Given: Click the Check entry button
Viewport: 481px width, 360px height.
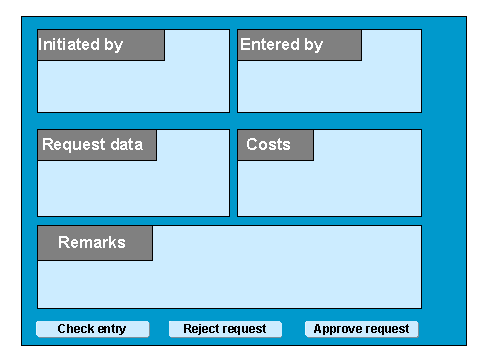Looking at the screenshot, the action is [92, 329].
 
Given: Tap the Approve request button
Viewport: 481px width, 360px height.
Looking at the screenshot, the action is [361, 329].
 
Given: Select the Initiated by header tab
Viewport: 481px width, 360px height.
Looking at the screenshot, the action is [101, 45].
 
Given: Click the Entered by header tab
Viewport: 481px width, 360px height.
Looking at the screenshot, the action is [299, 45].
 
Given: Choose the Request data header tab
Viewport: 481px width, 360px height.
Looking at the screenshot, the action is [97, 145].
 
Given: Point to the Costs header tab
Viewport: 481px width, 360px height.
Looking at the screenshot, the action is [275, 145].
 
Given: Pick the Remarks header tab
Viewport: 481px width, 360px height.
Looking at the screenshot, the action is [95, 243].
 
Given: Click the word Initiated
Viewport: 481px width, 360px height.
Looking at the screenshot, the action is [69, 44].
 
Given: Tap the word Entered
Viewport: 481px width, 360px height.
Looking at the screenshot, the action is [270, 44].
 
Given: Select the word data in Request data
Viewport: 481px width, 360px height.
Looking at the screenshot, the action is [127, 144].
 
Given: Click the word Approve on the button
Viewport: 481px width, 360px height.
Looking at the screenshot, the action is [334, 329].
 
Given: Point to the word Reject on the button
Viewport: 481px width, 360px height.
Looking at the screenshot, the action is [200, 329].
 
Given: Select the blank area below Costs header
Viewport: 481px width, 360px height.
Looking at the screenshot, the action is [329, 188].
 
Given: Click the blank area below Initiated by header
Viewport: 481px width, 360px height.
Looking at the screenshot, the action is [133, 86].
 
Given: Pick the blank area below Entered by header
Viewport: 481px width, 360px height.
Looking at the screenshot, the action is [329, 86].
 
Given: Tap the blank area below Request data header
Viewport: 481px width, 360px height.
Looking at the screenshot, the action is [133, 188].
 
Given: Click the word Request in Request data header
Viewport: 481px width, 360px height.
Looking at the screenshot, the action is [74, 145].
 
